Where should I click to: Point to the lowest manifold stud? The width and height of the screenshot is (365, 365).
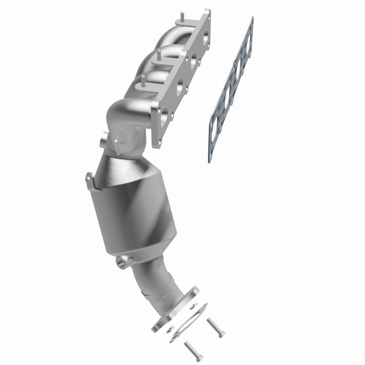[x=143, y=80]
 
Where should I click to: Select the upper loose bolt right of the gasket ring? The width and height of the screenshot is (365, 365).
[x=215, y=327]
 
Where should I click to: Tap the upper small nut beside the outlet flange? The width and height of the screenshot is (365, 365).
[x=193, y=306]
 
